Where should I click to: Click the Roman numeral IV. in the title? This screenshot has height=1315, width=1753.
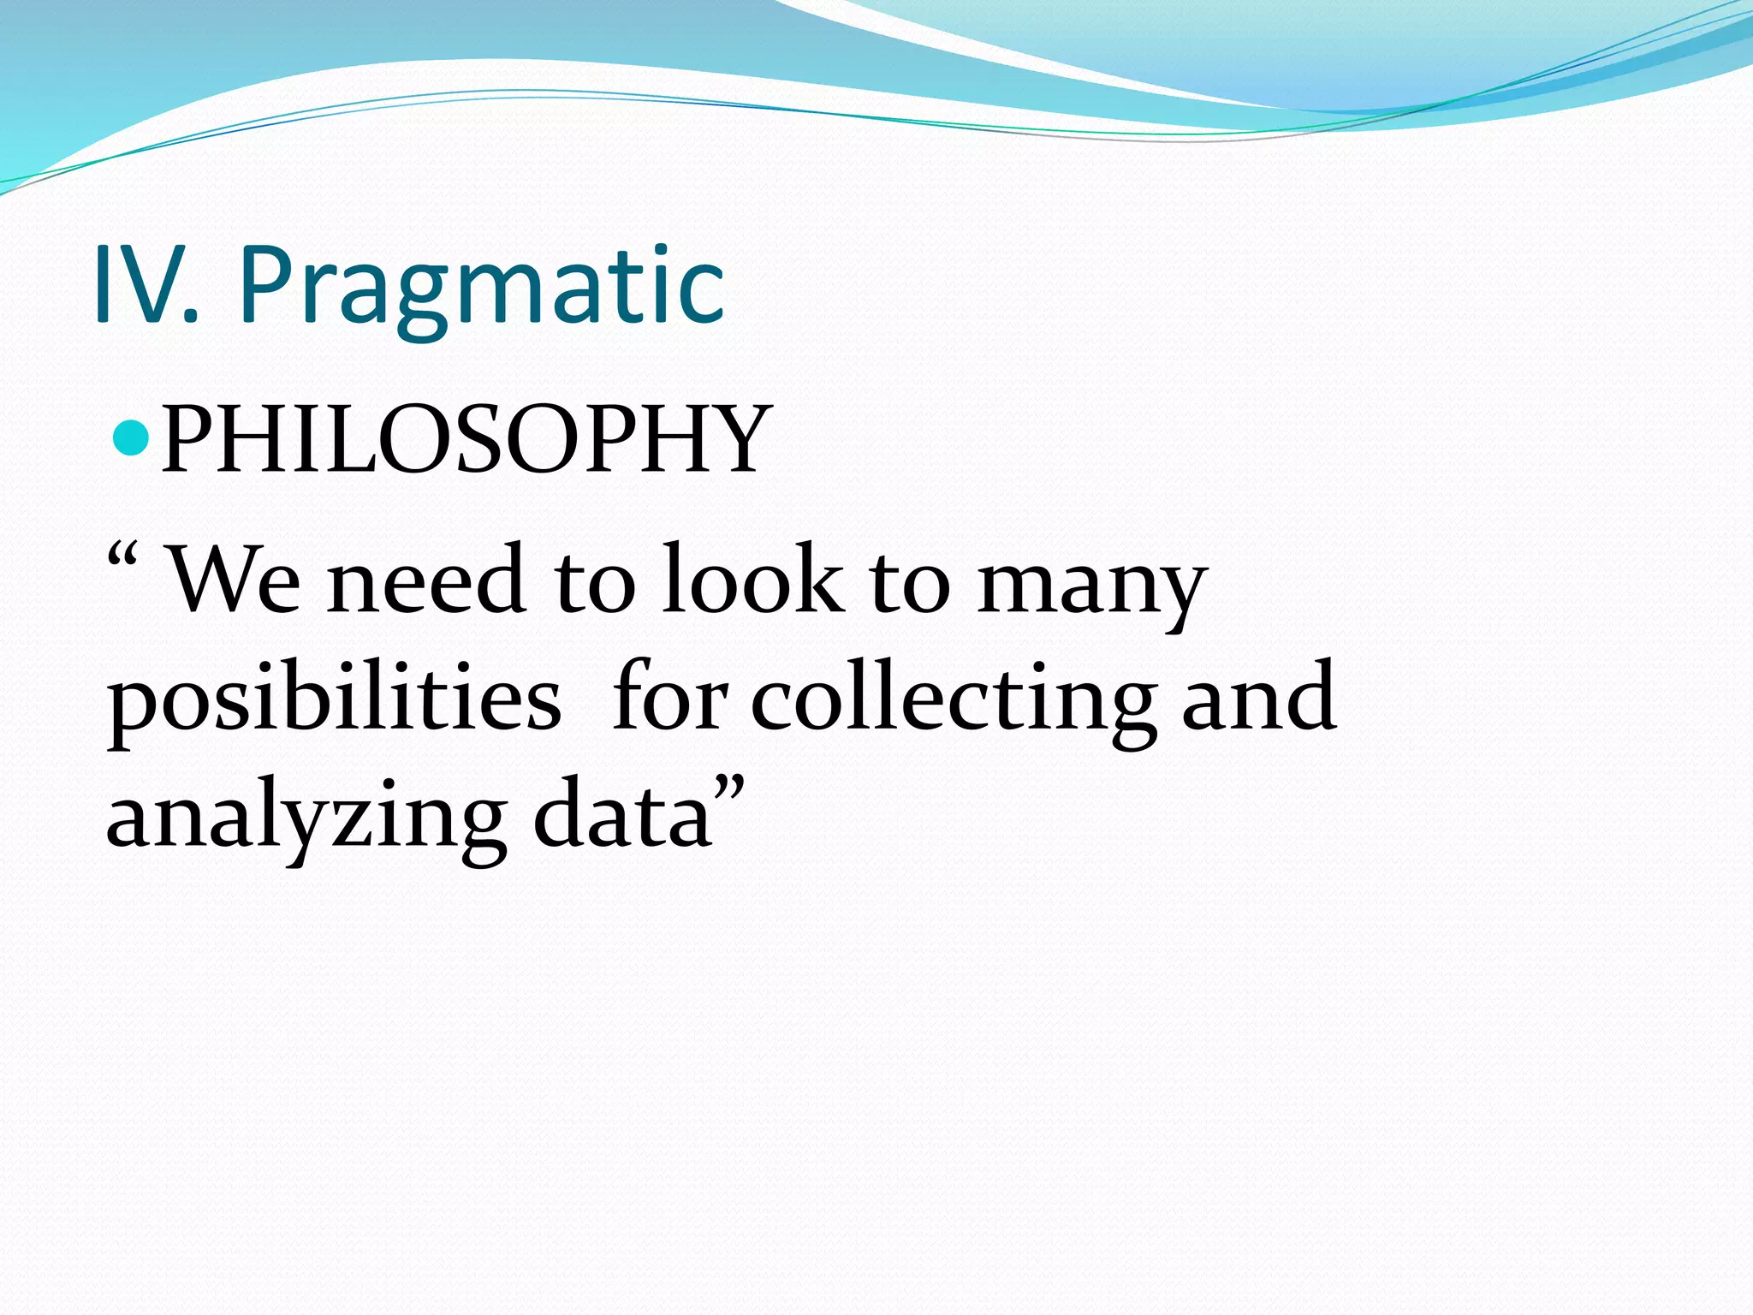pos(146,285)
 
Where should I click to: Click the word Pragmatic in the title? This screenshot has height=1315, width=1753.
pos(482,287)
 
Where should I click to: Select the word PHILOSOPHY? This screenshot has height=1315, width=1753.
pos(467,440)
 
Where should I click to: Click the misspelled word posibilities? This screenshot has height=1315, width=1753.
pos(334,700)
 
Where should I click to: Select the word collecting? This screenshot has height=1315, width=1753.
pos(954,700)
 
